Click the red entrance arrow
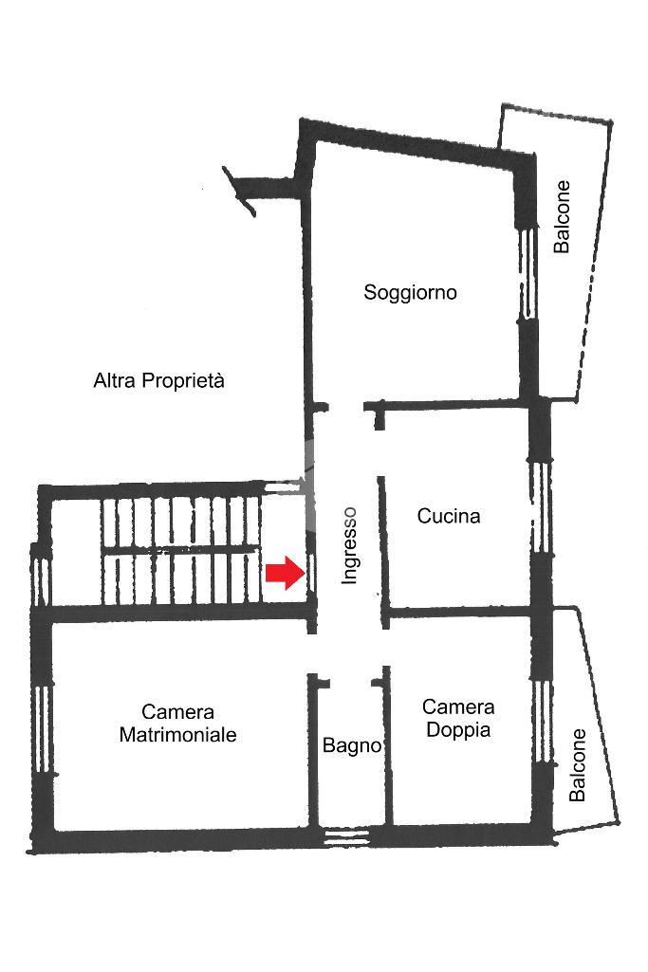[282, 574]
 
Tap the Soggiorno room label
[410, 292]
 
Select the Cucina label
[449, 516]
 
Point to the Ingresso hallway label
[350, 544]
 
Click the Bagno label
[351, 745]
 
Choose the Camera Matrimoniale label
[177, 723]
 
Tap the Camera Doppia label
[458, 718]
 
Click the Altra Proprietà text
[159, 381]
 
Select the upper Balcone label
[563, 216]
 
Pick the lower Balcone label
[578, 764]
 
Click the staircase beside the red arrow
[180, 550]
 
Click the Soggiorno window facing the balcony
[524, 275]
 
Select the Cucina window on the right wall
[540, 506]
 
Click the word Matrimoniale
[177, 734]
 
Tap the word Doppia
[458, 730]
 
